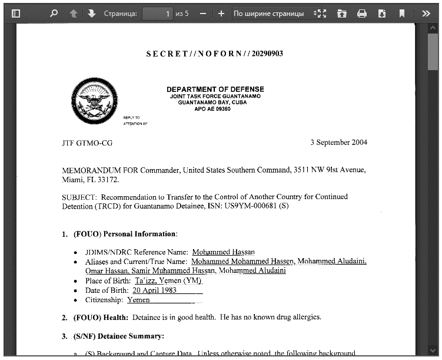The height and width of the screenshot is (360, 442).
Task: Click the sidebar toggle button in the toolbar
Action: tap(16, 13)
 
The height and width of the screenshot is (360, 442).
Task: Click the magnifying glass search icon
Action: tap(54, 13)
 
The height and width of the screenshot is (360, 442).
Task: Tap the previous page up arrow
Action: tap(74, 13)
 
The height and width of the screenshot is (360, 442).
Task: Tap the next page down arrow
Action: tap(91, 13)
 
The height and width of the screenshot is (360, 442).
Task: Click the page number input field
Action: tap(158, 13)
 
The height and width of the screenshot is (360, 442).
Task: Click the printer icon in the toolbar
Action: tap(362, 13)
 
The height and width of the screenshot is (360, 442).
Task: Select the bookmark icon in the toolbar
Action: tap(401, 13)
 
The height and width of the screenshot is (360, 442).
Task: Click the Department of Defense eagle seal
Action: tap(94, 102)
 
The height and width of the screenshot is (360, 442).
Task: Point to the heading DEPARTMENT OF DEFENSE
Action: tap(215, 90)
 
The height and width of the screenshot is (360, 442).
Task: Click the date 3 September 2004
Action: tap(338, 143)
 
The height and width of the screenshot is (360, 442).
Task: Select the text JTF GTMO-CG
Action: tap(87, 143)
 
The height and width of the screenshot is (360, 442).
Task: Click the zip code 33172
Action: tap(108, 179)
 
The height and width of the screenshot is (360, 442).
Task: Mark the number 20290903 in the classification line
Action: tap(267, 54)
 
